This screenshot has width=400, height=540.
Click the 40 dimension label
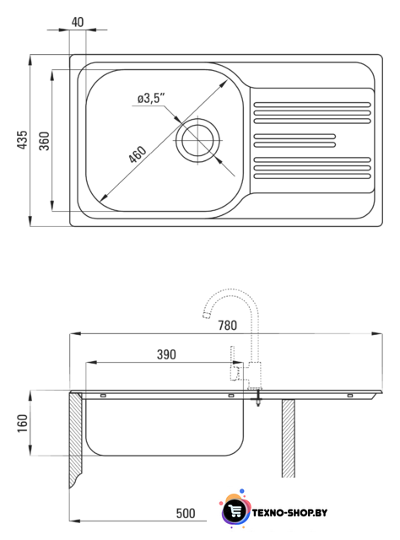pyautogui.click(x=78, y=22)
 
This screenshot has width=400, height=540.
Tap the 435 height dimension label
pyautogui.click(x=22, y=139)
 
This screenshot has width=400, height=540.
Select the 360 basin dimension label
pyautogui.click(x=44, y=141)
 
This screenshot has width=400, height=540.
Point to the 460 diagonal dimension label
pyautogui.click(x=138, y=154)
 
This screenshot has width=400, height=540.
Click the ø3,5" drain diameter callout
pyautogui.click(x=151, y=98)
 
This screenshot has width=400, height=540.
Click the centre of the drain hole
pyautogui.click(x=197, y=141)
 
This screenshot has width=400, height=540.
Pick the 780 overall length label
pyautogui.click(x=227, y=326)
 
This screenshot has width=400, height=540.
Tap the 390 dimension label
pyautogui.click(x=166, y=354)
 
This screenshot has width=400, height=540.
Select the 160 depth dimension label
pyautogui.click(x=22, y=424)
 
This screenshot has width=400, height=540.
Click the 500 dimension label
pyautogui.click(x=186, y=513)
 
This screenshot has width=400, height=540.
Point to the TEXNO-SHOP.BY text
pyautogui.click(x=289, y=513)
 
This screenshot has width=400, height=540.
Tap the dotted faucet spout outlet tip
pyautogui.click(x=206, y=315)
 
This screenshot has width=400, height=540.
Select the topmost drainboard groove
pyautogui.click(x=312, y=105)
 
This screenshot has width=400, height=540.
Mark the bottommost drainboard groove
pyautogui.click(x=312, y=176)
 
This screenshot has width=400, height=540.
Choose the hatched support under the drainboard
pyautogui.click(x=289, y=438)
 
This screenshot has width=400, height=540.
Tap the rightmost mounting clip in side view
pyautogui.click(x=350, y=396)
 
